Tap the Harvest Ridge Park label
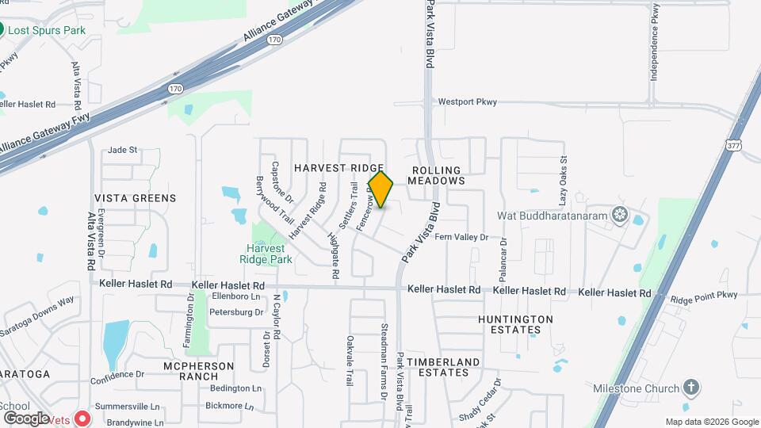pyautogui.click(x=267, y=254)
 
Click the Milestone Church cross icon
pyautogui.click(x=691, y=388)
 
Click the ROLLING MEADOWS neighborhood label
pyautogui.click(x=436, y=175)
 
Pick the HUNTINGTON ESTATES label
pyautogui.click(x=515, y=324)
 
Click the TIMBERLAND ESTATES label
pyautogui.click(x=443, y=367)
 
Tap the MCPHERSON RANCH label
pyautogui.click(x=198, y=371)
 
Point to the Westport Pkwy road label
pyautogui.click(x=467, y=101)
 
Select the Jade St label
pyautogui.click(x=123, y=149)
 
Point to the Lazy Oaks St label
pyautogui.click(x=564, y=178)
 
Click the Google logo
pyautogui.click(x=26, y=418)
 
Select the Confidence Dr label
pyautogui.click(x=117, y=373)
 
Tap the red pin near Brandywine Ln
pyautogui.click(x=82, y=417)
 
